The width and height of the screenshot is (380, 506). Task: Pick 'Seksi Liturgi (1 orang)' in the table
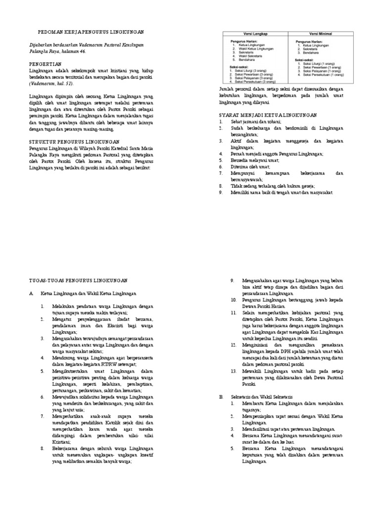click(324, 63)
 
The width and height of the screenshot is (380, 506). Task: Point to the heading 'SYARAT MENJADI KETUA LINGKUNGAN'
click(268, 115)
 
